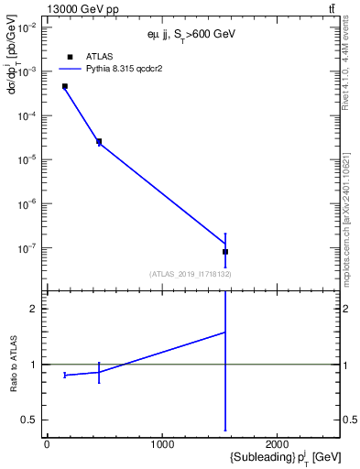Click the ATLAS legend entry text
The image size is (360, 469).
[99, 57]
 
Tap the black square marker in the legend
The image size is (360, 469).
[70, 57]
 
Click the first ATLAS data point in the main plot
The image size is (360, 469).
[65, 86]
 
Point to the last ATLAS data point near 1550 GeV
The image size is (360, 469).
[225, 251]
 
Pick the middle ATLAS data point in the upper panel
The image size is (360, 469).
[99, 141]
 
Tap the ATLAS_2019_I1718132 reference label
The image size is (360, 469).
[191, 274]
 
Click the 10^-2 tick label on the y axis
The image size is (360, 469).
[29, 27]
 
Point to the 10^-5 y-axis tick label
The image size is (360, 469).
[29, 159]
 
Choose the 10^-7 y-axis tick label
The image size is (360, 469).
[29, 247]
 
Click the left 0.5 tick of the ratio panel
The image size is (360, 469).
[32, 420]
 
